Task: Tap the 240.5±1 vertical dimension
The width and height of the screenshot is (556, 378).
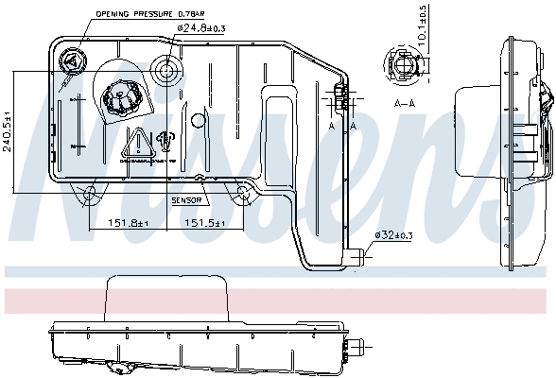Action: click(9, 120)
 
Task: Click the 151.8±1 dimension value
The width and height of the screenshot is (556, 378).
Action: click(116, 224)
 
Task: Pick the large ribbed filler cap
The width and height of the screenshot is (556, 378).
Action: click(123, 97)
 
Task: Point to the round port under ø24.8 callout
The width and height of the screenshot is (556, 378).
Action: click(169, 71)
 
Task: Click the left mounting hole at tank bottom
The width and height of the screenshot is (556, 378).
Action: click(90, 196)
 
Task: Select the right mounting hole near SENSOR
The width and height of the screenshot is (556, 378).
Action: click(242, 196)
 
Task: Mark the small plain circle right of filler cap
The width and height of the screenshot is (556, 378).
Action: click(198, 120)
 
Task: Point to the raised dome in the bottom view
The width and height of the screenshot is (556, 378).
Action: click(167, 300)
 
